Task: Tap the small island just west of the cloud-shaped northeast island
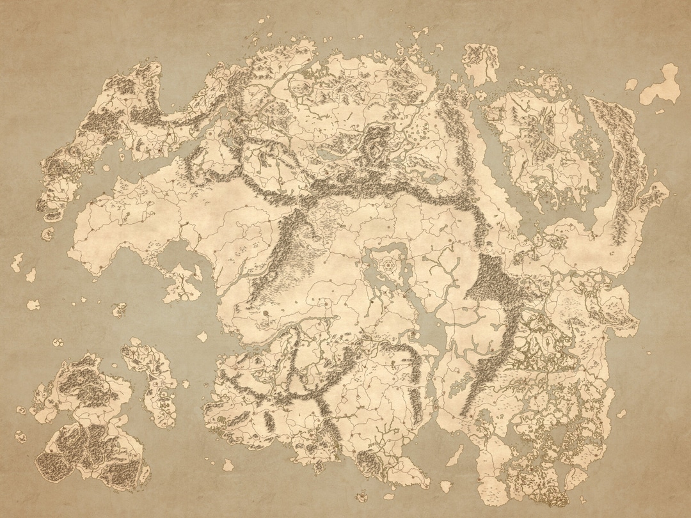tap(631, 84)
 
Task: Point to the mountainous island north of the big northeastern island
tap(480, 61)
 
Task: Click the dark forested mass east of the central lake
tap(496, 281)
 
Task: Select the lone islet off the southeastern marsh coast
tap(620, 414)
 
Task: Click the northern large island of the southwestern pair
tap(83, 384)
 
